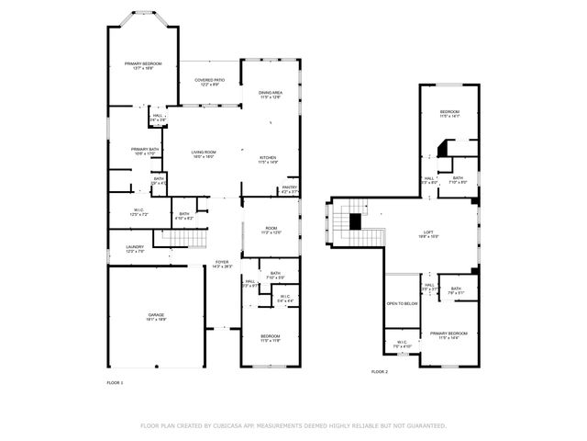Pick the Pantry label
click(x=290, y=189)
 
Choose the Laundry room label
click(x=135, y=249)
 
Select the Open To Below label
click(x=402, y=303)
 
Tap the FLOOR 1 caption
click(x=115, y=381)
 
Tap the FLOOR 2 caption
click(x=379, y=372)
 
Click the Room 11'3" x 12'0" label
click(x=271, y=231)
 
